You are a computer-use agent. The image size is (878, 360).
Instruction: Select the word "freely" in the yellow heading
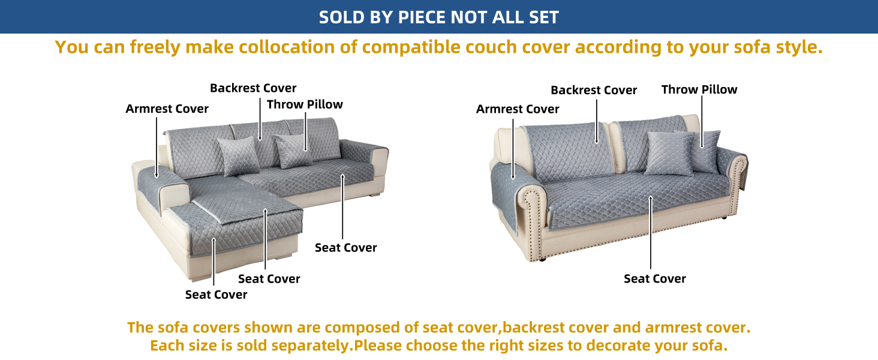(155, 47)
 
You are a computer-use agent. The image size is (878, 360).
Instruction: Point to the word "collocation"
(287, 47)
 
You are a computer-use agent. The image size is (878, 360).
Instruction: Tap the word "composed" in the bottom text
(362, 328)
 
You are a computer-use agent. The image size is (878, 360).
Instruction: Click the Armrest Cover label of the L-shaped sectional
(167, 109)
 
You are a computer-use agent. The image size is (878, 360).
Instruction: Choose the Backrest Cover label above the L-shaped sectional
(253, 88)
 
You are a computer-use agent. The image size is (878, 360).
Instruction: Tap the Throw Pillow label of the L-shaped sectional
(305, 104)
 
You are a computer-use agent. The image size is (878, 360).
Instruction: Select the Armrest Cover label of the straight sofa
(518, 109)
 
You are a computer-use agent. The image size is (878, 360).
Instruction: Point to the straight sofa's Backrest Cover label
(594, 90)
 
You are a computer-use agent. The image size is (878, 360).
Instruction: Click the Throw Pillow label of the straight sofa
(699, 89)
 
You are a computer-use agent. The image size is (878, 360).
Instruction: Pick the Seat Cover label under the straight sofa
(655, 279)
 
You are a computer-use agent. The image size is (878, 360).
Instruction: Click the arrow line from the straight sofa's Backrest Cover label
(597, 122)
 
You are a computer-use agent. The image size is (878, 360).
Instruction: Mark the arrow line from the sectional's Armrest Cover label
(157, 148)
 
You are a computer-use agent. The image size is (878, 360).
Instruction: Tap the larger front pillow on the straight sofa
(669, 154)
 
